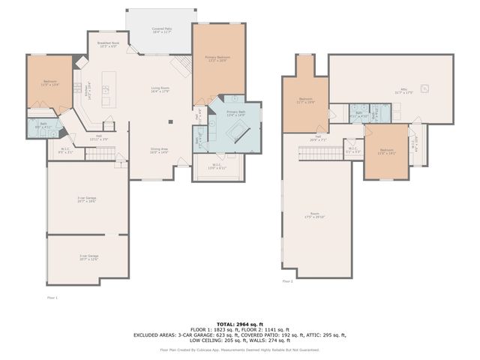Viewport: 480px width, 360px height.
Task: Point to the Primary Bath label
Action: (x=236, y=112)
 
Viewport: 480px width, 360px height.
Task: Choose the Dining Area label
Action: (x=158, y=150)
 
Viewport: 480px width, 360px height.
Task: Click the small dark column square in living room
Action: (x=170, y=121)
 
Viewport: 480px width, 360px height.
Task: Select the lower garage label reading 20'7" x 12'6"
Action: (x=88, y=257)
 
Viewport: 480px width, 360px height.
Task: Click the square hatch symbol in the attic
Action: (x=425, y=88)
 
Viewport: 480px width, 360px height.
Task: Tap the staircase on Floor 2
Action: (x=319, y=154)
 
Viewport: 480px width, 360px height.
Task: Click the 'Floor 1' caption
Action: (x=52, y=298)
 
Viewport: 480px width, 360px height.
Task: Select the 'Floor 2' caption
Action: (x=287, y=281)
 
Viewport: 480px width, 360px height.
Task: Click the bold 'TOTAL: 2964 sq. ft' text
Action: (x=239, y=322)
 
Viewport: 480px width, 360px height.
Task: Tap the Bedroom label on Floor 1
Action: (x=49, y=82)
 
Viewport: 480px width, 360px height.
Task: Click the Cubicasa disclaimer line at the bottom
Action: (x=239, y=349)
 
